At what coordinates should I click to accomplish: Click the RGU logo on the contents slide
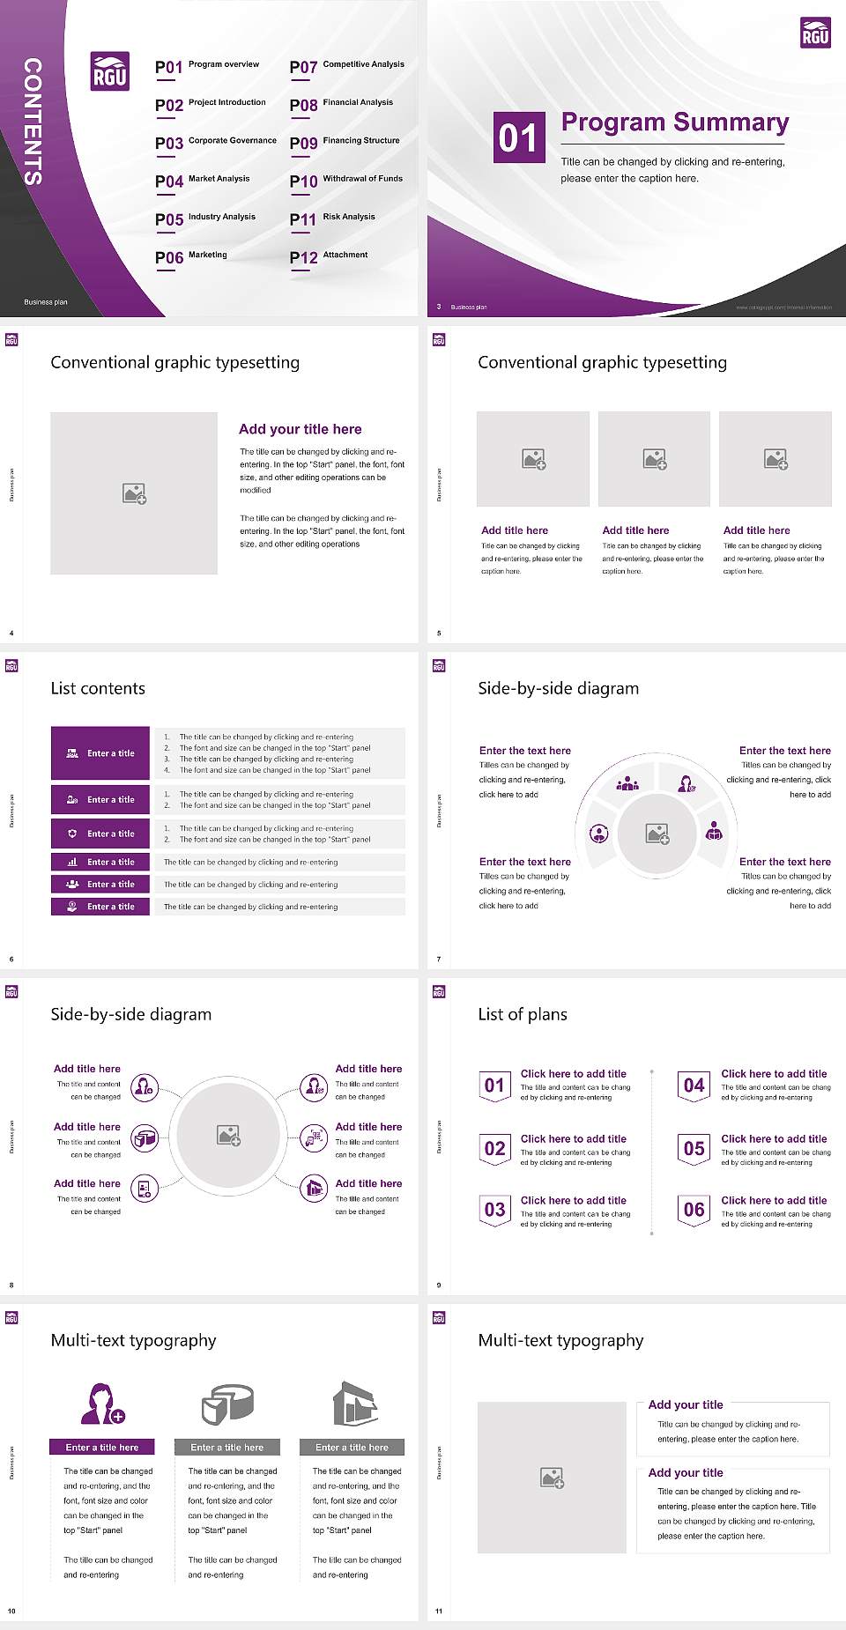[110, 71]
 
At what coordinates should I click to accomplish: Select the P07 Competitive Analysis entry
[346, 66]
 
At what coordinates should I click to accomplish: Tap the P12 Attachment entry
[329, 256]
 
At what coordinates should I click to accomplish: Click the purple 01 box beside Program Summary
[517, 137]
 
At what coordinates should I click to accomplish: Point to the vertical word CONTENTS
[33, 122]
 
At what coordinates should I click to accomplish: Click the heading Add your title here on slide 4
[300, 429]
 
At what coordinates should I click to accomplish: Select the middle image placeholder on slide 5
[654, 459]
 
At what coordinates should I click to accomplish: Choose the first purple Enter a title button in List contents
[100, 753]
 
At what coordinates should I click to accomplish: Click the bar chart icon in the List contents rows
[72, 863]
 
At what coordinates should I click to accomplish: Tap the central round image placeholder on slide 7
[657, 834]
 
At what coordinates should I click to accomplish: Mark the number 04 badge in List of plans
[694, 1085]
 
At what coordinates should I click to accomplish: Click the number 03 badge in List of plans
[494, 1210]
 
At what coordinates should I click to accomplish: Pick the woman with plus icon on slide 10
[102, 1404]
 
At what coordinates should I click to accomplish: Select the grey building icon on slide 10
[354, 1404]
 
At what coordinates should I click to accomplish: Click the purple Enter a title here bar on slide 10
[102, 1448]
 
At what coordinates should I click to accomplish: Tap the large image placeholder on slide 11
[552, 1478]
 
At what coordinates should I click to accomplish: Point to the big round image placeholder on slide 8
[229, 1135]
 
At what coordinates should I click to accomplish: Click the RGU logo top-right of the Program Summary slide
[815, 33]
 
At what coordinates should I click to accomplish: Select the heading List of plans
[523, 1014]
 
